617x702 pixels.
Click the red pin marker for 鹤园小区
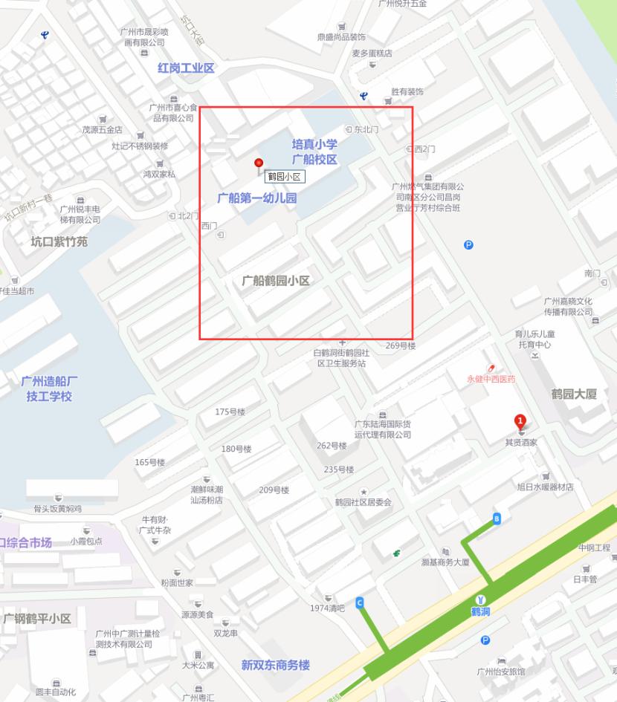259,163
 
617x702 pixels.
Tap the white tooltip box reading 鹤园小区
285,176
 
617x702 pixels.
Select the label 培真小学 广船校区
314,152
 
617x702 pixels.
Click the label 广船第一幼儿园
257,198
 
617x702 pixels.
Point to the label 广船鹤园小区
276,281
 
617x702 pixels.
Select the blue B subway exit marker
497,519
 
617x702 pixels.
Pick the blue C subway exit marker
360,602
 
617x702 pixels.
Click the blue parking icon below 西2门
468,245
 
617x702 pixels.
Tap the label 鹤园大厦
574,394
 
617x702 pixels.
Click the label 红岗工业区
186,68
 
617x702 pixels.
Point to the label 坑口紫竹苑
59,241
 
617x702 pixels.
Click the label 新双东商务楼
275,665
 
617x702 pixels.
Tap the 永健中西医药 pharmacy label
491,379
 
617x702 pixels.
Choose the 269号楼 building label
400,346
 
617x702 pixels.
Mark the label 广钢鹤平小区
37,619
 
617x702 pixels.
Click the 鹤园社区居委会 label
363,502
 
